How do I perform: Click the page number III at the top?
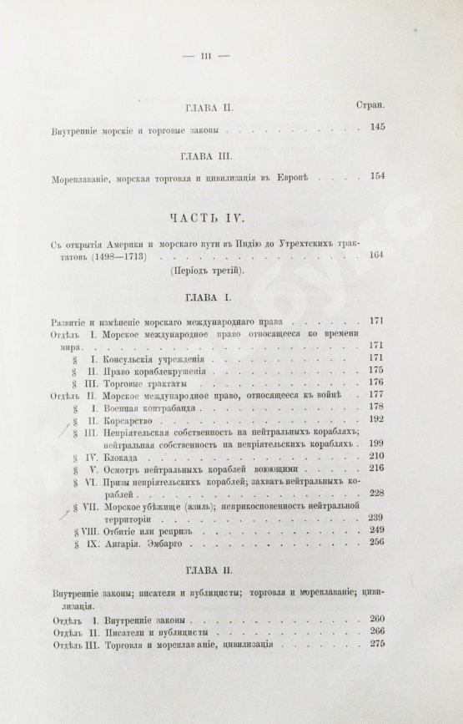pos(204,55)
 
